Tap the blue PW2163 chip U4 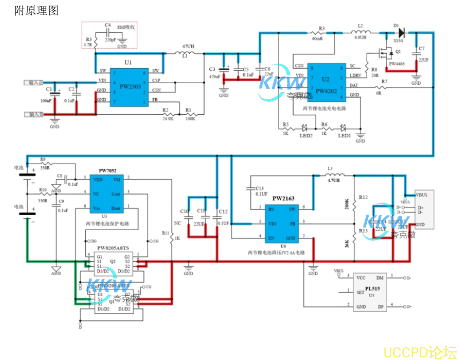click(x=283, y=222)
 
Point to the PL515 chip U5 click(x=371, y=292)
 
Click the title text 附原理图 click(x=37, y=11)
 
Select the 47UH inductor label click(x=188, y=47)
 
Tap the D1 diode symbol click(x=400, y=33)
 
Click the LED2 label click(x=306, y=135)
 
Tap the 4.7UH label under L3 click(x=333, y=181)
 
